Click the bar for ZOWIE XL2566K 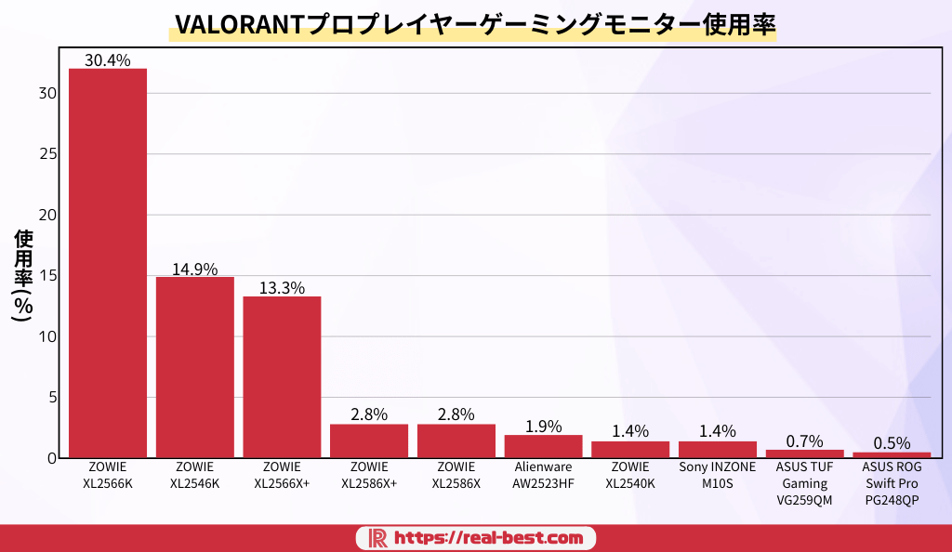(x=108, y=263)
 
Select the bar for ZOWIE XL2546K (x=195, y=367)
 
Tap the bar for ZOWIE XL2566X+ (x=282, y=376)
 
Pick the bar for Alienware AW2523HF (x=543, y=446)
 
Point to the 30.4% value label (x=108, y=60)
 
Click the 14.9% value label (x=195, y=269)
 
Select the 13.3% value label (x=282, y=288)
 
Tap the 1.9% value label (x=543, y=427)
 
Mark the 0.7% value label (x=804, y=441)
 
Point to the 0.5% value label (x=892, y=443)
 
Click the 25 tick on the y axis (x=49, y=154)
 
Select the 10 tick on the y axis (x=49, y=336)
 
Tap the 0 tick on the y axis (x=54, y=458)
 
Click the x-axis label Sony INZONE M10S (x=718, y=474)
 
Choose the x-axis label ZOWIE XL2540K (x=630, y=474)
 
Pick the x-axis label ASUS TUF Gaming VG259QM (x=804, y=483)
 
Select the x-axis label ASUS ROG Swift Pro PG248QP (x=892, y=483)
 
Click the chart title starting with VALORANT (x=474, y=25)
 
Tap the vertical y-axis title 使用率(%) (x=24, y=275)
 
